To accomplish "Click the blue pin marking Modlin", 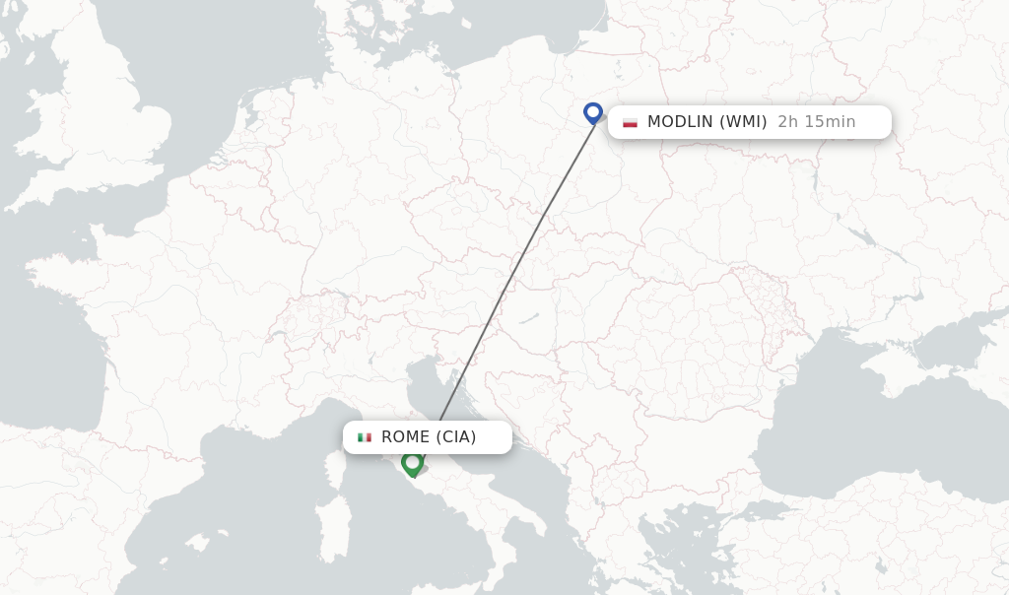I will pyautogui.click(x=592, y=112).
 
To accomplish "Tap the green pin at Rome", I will pyautogui.click(x=412, y=462).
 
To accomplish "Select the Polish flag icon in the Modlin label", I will pyautogui.click(x=630, y=122).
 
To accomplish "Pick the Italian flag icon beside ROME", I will pyautogui.click(x=365, y=437).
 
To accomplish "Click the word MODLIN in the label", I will pyautogui.click(x=680, y=122).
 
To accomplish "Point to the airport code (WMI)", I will pyautogui.click(x=743, y=122).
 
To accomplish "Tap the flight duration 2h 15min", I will pyautogui.click(x=816, y=122).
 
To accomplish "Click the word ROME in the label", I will pyautogui.click(x=405, y=437).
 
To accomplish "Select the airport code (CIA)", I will pyautogui.click(x=456, y=437).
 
